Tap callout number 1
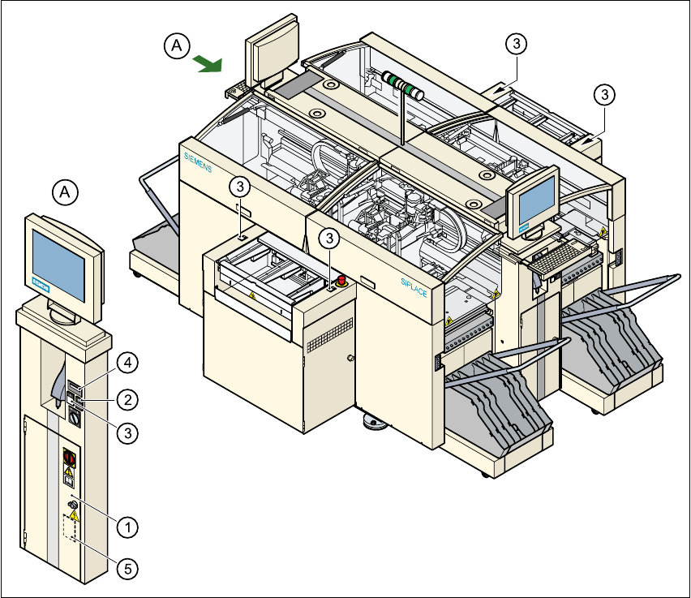coord(127,526)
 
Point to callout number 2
coord(127,398)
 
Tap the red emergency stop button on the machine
coord(342,281)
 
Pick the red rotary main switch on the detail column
coord(69,458)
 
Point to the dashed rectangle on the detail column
coord(71,528)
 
